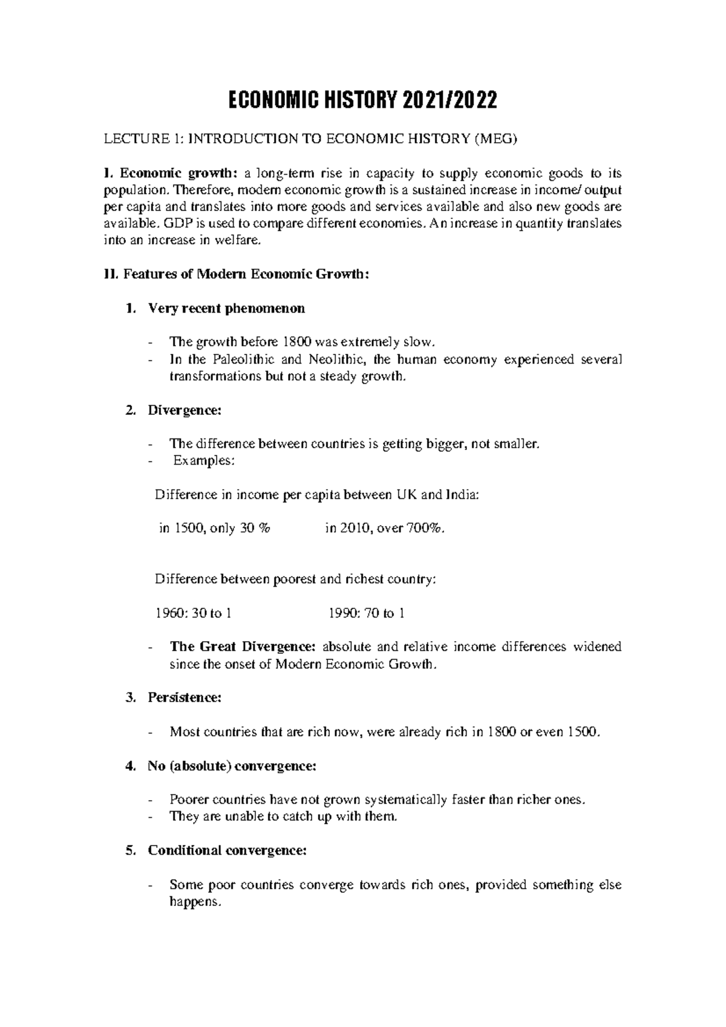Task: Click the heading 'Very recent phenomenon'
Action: tap(226, 309)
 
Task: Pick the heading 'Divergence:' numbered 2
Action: tap(185, 411)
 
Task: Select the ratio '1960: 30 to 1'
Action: tap(194, 614)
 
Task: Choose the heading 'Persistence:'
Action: tap(185, 698)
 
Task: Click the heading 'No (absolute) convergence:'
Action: tap(232, 766)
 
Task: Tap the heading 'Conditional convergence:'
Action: tap(227, 851)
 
